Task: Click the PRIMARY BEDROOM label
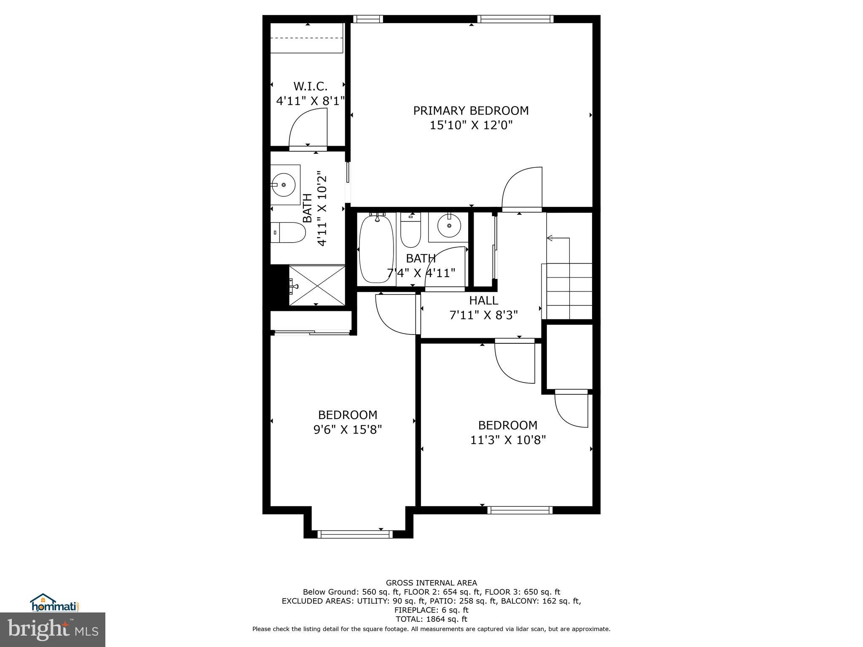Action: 471,110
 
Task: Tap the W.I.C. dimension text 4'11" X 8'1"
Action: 310,101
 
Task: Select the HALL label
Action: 483,300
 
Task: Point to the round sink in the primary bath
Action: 283,184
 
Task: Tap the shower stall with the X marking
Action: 317,286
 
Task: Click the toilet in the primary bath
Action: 288,233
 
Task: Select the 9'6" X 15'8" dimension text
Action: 348,430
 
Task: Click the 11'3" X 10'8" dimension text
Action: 508,440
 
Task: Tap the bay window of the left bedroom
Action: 355,534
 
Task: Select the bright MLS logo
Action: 53,630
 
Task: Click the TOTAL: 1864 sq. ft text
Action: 431,619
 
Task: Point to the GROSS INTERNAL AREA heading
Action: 431,583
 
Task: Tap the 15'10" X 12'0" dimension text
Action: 471,125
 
